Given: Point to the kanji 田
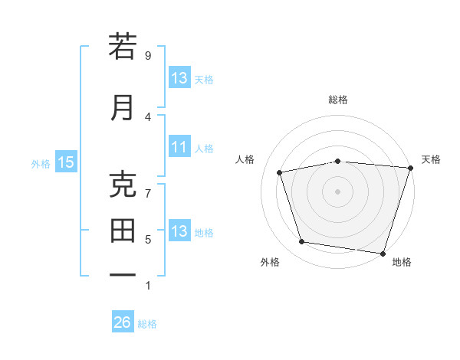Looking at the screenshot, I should (x=123, y=231).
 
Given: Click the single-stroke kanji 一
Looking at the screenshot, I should (x=123, y=274).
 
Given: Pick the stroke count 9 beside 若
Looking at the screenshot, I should (x=148, y=55).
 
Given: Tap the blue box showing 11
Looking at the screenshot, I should (x=179, y=147).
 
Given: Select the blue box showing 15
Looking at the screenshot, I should (x=66, y=162).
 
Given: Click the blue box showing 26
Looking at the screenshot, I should (x=123, y=322).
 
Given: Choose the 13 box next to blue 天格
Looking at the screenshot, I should (x=179, y=78).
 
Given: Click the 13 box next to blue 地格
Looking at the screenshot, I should (x=179, y=231).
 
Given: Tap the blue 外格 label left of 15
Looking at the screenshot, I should (x=41, y=162).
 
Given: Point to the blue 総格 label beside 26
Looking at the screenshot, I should (x=147, y=323).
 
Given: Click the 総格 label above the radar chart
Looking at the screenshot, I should (x=338, y=100).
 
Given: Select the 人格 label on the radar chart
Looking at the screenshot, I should (x=245, y=159).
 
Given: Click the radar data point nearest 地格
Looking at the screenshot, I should (x=383, y=252).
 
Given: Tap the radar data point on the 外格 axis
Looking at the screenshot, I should (x=302, y=242).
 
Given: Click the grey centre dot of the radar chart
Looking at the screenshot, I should (x=338, y=191).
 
